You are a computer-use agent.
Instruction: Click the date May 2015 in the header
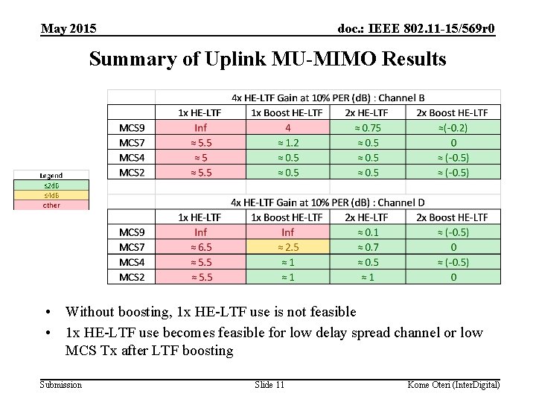68,29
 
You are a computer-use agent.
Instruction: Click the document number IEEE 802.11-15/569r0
415,29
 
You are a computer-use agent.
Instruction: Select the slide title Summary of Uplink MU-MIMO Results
267,59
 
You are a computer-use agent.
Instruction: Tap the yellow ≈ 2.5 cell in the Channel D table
287,247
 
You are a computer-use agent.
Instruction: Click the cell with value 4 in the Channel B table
287,127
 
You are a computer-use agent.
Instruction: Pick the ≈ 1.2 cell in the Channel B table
287,142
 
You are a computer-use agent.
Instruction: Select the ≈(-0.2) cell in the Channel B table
453,127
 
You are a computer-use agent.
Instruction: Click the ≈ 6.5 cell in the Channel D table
200,247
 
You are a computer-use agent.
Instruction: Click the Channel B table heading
328,97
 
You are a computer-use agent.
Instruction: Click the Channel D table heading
328,202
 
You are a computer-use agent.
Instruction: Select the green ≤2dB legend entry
51,185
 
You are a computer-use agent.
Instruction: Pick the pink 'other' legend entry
51,205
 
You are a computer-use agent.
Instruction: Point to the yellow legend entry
51,195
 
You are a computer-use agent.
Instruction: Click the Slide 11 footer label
269,384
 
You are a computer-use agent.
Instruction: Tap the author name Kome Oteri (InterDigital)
453,384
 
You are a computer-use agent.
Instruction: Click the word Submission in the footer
61,384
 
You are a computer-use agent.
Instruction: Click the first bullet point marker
47,313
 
